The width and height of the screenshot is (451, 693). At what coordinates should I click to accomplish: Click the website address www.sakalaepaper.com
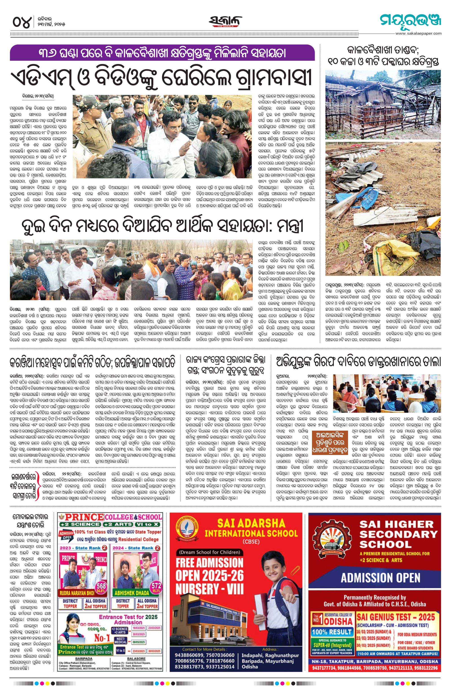coord(418,33)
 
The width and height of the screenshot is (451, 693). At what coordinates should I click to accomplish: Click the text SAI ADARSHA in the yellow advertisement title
coord(251,523)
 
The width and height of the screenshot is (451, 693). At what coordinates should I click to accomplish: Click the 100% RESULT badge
coord(332,632)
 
